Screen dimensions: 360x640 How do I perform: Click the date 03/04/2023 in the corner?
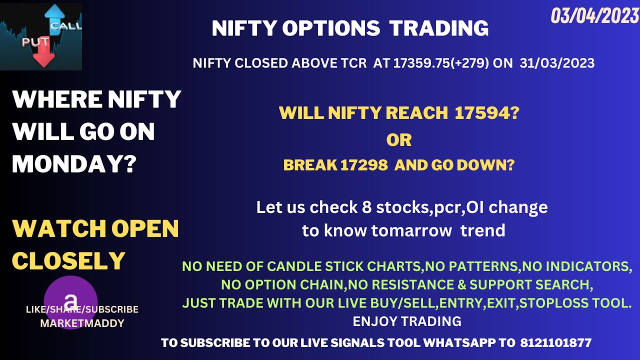click(594, 16)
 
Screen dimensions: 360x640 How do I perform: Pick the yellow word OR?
click(398, 140)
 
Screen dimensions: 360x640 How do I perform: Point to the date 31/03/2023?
click(557, 63)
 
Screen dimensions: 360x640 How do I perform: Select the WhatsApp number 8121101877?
click(555, 343)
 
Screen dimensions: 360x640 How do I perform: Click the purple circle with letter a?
click(70, 302)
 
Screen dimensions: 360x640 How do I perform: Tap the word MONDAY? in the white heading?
click(74, 164)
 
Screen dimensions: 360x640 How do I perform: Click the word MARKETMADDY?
click(82, 323)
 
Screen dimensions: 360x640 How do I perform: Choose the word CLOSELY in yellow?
click(68, 261)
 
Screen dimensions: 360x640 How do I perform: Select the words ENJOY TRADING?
click(407, 321)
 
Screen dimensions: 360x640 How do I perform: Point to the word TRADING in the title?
click(438, 28)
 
